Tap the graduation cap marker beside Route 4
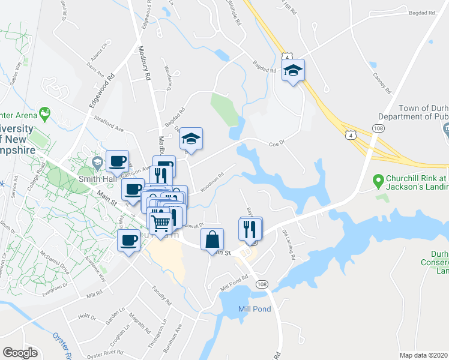[x=293, y=71]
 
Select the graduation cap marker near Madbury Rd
[x=191, y=140]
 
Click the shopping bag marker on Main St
[x=212, y=239]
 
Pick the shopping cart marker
[x=161, y=223]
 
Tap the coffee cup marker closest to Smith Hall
[x=117, y=161]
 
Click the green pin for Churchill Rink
[x=378, y=179]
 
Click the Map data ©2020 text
[x=424, y=355]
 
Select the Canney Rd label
[x=382, y=83]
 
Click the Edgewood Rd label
[x=101, y=91]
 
